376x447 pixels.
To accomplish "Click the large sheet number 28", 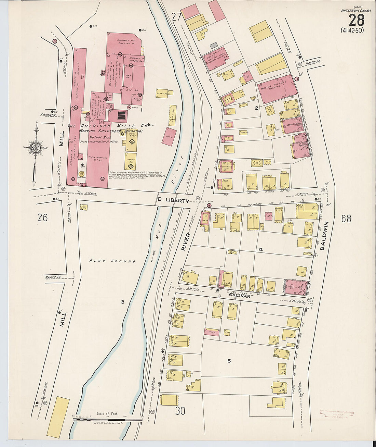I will point(356,20).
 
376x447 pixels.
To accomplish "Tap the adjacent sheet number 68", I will point(346,219).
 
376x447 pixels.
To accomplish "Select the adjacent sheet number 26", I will point(43,218).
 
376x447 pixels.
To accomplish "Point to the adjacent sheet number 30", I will point(180,410).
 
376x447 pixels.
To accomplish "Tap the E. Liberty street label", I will point(173,201).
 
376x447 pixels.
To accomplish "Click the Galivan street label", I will point(240,295).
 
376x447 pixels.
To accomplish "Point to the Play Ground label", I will point(112,261).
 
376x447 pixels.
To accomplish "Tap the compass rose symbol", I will point(36,147).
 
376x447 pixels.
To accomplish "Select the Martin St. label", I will point(314,62).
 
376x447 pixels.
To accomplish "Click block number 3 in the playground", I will point(122,302).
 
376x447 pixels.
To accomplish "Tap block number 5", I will point(229,361).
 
